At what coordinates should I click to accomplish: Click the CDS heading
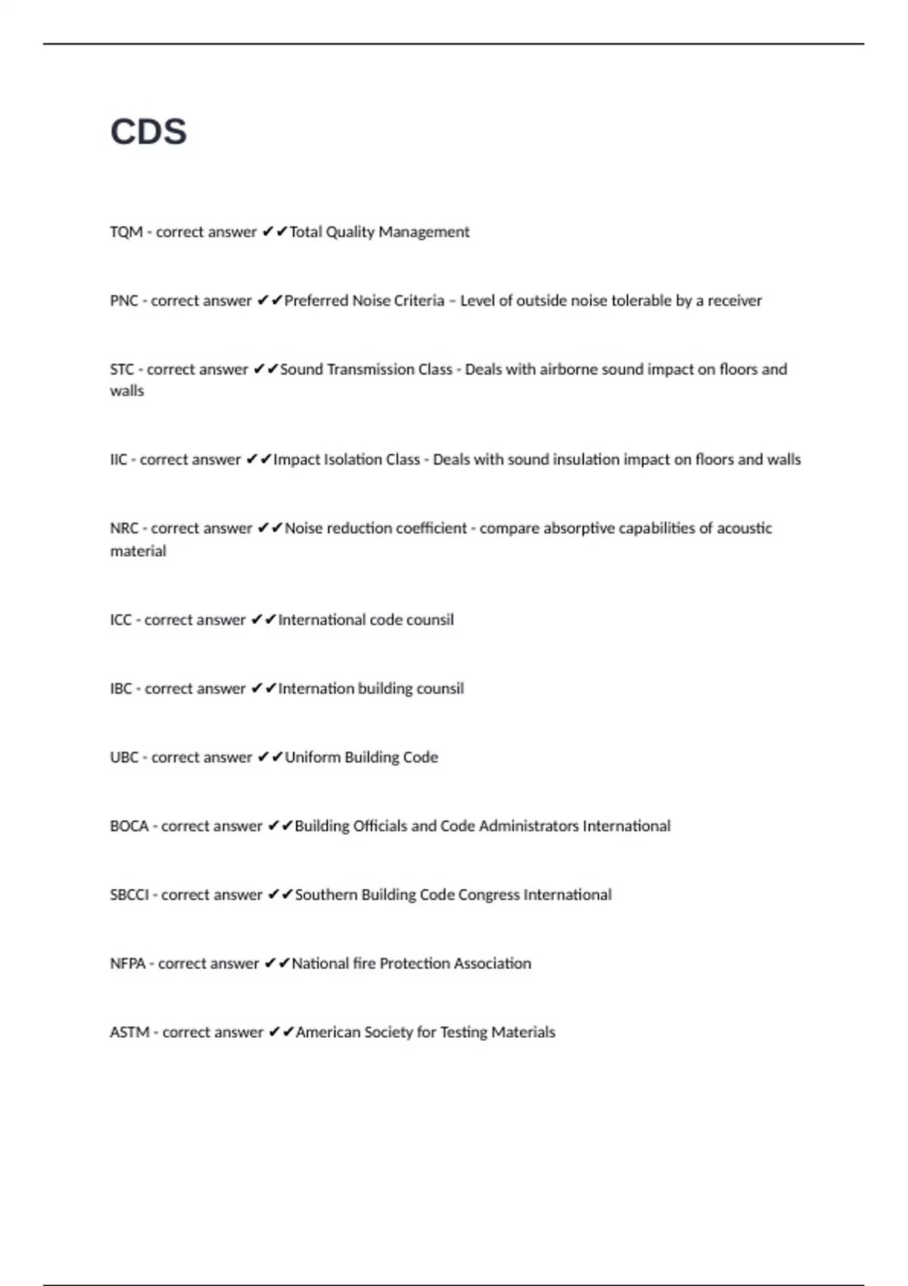click(x=148, y=132)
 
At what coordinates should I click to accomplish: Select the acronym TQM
click(x=126, y=232)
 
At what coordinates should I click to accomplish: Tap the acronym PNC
click(x=123, y=301)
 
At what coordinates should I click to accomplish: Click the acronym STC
click(x=122, y=370)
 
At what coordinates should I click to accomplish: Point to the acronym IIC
click(x=119, y=460)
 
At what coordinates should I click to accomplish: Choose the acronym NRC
click(x=124, y=529)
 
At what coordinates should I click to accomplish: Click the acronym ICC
click(x=120, y=620)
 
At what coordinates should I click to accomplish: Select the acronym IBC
click(x=120, y=689)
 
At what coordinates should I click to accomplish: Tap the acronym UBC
click(x=124, y=758)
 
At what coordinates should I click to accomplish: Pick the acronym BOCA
click(x=129, y=826)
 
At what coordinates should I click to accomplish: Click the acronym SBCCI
click(x=129, y=895)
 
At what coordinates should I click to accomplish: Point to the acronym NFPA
click(x=127, y=964)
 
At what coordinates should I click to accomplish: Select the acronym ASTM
click(x=129, y=1033)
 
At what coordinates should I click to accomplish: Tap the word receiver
click(x=734, y=301)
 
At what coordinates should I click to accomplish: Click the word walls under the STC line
click(x=126, y=391)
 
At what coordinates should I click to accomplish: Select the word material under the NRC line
click(x=138, y=551)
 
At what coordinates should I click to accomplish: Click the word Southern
click(x=325, y=895)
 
